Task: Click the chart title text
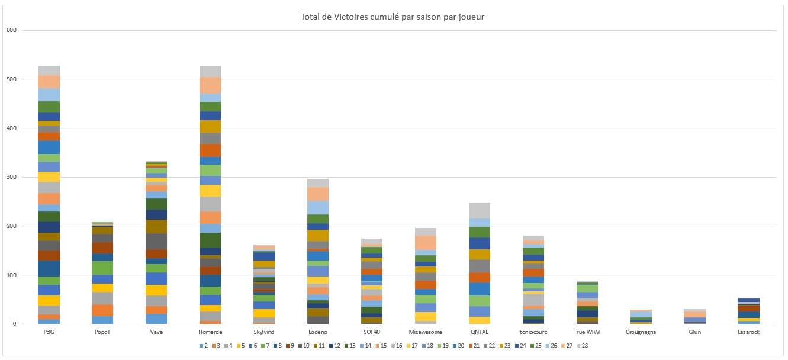[x=393, y=17]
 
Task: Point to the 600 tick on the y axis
[x=11, y=30]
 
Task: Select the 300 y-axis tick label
[x=11, y=177]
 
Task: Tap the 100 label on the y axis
[x=11, y=275]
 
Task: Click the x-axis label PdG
[x=49, y=332]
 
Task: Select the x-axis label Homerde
[x=210, y=332]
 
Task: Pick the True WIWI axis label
[x=587, y=332]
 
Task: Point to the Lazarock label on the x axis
[x=750, y=332]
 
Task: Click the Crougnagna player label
[x=642, y=332]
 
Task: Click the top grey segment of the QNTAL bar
[x=480, y=211]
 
